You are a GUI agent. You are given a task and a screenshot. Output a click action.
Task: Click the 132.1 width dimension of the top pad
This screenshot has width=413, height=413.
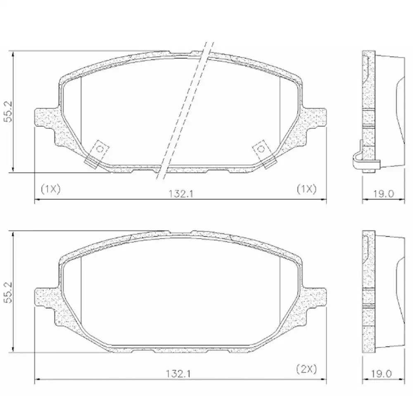181,194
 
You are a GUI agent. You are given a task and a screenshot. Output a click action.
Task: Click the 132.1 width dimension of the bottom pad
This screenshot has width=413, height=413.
178,373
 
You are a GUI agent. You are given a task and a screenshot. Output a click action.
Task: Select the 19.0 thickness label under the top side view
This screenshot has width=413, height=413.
384,194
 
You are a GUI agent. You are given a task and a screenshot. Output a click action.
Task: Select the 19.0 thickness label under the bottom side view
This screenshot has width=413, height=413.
381,373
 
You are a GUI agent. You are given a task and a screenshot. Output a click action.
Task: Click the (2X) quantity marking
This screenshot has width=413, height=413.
306,369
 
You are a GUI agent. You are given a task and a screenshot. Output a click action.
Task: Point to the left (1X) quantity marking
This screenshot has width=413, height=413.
51,189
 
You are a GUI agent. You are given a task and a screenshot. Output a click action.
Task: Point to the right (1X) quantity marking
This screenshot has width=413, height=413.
306,189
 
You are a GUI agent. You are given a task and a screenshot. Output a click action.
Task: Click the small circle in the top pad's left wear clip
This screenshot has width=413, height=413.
100,149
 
